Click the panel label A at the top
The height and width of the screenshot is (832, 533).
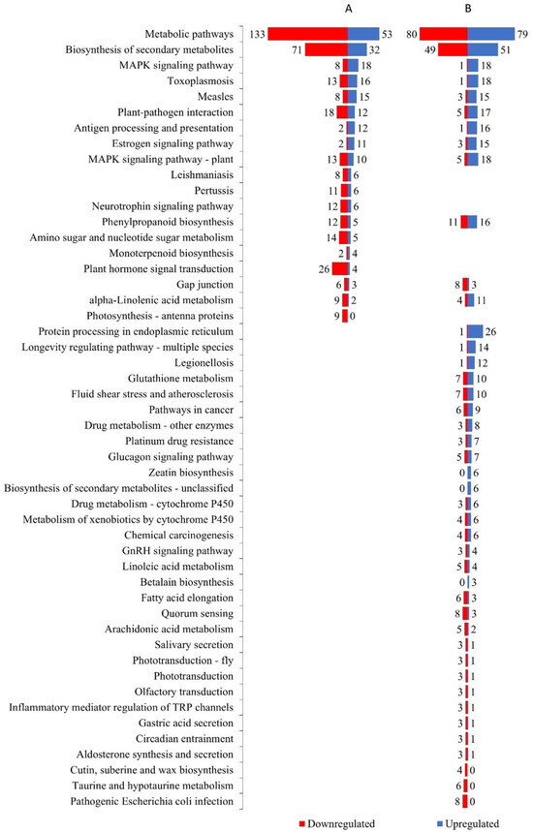tap(348, 9)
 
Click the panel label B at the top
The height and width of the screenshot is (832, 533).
tap(468, 9)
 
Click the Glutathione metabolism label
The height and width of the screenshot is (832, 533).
tap(180, 378)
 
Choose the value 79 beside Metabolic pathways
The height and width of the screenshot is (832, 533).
tap(524, 35)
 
